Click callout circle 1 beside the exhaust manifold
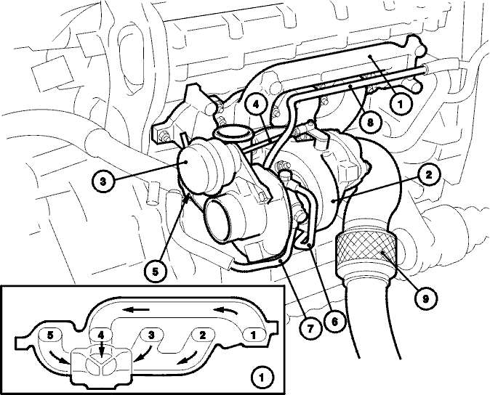pos(401,105)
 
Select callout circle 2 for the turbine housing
pos(428,175)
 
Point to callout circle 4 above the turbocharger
pos(256,105)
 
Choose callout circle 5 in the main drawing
pos(156,272)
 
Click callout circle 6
pos(334,322)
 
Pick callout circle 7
pos(310,327)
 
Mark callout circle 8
pos(370,123)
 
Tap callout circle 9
pos(425,299)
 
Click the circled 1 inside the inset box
pos(262,378)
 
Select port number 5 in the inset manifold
pos(50,335)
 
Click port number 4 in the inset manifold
pos(100,335)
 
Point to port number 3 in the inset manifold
pos(151,335)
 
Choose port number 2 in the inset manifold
pos(203,335)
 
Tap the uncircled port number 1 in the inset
pos(253,335)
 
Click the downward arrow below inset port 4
pos(101,349)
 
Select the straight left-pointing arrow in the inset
pos(135,310)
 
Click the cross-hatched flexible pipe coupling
pos(366,253)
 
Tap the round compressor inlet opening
pos(218,220)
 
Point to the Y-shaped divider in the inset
pos(101,365)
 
